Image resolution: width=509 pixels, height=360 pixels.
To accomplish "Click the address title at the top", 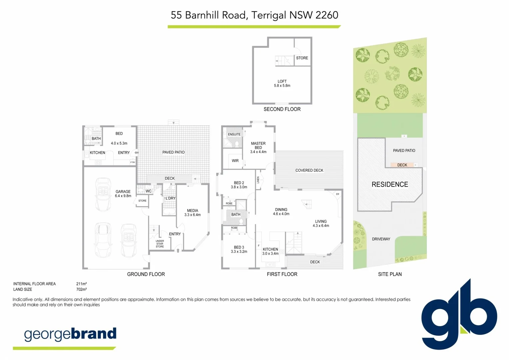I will tap(254, 15).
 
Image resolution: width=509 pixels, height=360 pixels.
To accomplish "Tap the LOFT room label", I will tap(282, 83).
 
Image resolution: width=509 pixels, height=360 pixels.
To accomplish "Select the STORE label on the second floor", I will tap(302, 58).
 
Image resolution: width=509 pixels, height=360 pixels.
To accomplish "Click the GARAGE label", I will tap(123, 194).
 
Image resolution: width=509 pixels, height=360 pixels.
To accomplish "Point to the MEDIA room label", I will tap(192, 213).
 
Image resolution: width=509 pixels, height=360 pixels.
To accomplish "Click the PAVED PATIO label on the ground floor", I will tap(173, 152).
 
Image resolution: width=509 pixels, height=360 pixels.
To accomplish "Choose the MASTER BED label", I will tap(258, 147).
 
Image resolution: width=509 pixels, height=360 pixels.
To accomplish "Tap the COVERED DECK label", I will tap(309, 170).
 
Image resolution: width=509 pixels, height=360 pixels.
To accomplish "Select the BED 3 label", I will tap(239, 249).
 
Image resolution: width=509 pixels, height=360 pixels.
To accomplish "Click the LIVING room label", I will tap(321, 223).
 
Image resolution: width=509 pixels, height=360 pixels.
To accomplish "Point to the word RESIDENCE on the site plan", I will tap(389, 184).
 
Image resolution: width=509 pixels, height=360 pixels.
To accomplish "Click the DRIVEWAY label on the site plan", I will tap(381, 239).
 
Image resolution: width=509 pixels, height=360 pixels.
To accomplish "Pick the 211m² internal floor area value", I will tap(81, 284).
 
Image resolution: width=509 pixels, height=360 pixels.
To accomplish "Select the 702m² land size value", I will tap(81, 289).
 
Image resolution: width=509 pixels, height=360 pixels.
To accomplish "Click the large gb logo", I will tap(459, 315).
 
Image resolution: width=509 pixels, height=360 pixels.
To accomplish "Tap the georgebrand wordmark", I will tap(70, 334).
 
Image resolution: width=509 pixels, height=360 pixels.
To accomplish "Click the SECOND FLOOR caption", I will tap(282, 109).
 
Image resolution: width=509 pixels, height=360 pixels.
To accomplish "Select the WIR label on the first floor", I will tap(235, 161).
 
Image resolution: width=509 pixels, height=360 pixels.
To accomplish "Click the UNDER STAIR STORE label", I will tap(160, 244).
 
